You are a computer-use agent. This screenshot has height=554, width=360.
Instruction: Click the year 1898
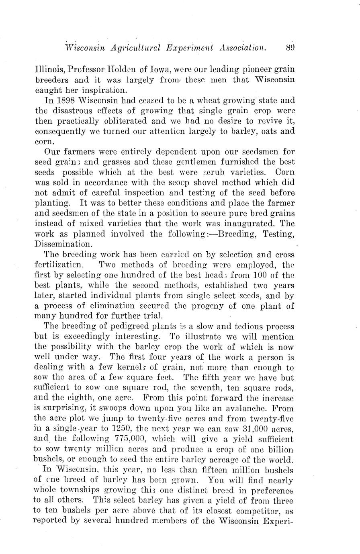click(65, 100)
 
